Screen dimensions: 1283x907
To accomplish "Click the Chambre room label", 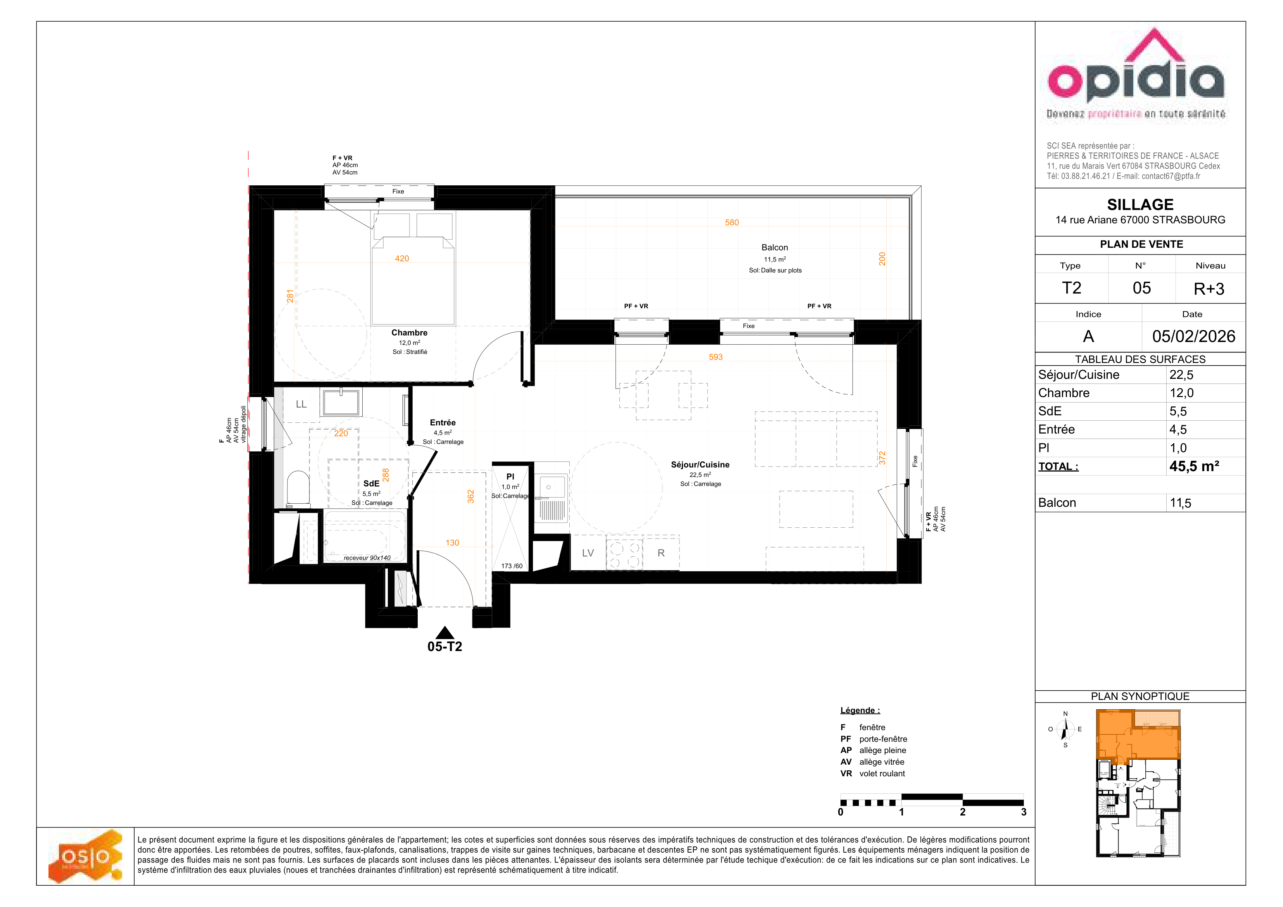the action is pyautogui.click(x=409, y=332).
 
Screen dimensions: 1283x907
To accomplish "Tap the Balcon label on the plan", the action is pyautogui.click(x=775, y=247).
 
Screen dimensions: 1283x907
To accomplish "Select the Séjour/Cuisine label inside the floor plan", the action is pyautogui.click(x=700, y=465).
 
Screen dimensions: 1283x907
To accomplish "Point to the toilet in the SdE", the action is pyautogui.click(x=298, y=489).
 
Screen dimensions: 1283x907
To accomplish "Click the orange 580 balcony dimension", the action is pyautogui.click(x=731, y=223).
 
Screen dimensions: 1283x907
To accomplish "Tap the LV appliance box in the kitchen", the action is pyautogui.click(x=588, y=553).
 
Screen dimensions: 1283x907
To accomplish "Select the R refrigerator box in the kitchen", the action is pyautogui.click(x=661, y=553).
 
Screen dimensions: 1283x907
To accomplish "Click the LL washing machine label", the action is pyautogui.click(x=301, y=404).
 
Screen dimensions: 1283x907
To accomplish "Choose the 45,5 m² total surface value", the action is pyautogui.click(x=1194, y=466).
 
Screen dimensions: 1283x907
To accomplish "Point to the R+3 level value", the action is pyautogui.click(x=1209, y=289).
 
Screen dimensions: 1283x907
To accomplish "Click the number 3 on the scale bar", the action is pyautogui.click(x=1023, y=812).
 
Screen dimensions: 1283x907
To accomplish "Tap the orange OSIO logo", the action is pyautogui.click(x=85, y=856).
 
